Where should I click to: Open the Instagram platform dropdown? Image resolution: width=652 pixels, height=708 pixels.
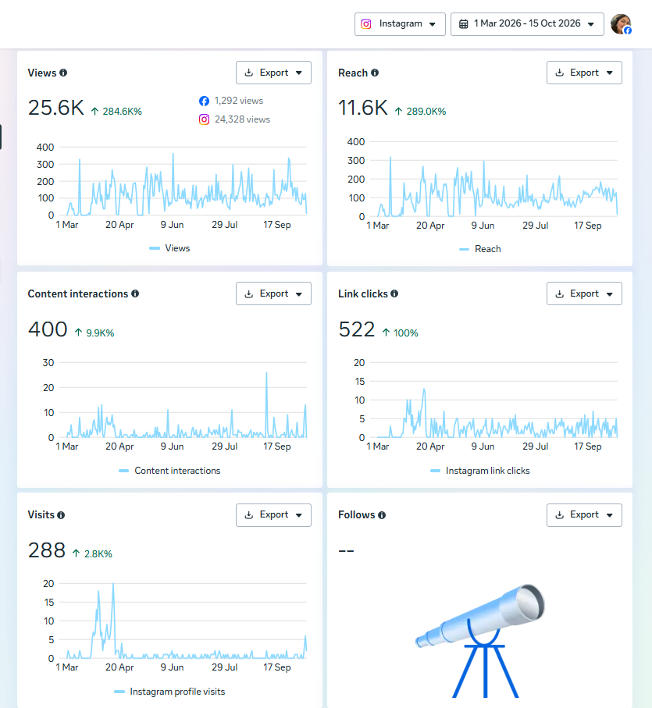pyautogui.click(x=400, y=24)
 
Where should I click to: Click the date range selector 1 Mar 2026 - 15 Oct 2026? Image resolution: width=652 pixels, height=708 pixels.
pyautogui.click(x=527, y=24)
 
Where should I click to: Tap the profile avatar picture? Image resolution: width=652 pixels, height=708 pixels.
pyautogui.click(x=621, y=24)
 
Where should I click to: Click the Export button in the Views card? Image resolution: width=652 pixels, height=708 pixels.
pyautogui.click(x=273, y=73)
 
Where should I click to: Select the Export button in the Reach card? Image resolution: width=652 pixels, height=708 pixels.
pyautogui.click(x=584, y=73)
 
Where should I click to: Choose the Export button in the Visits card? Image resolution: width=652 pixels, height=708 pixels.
pyautogui.click(x=273, y=514)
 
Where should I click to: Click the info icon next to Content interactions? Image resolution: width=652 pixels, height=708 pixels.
pyautogui.click(x=135, y=294)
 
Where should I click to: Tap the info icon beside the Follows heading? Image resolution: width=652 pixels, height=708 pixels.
pyautogui.click(x=382, y=514)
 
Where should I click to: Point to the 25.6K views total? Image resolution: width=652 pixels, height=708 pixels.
pyautogui.click(x=56, y=108)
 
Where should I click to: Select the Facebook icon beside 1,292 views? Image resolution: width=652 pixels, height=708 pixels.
pyautogui.click(x=204, y=101)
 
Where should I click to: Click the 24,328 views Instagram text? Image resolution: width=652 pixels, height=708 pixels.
pyautogui.click(x=243, y=119)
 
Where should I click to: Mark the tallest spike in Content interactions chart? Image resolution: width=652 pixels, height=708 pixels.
pyautogui.click(x=266, y=373)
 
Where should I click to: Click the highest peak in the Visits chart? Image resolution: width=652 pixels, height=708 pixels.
pyautogui.click(x=113, y=584)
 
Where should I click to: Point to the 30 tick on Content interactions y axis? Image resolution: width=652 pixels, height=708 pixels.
pyautogui.click(x=48, y=362)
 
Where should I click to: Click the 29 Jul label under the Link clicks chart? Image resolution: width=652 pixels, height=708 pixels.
pyautogui.click(x=535, y=447)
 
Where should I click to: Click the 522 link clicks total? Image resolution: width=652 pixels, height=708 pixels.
pyautogui.click(x=357, y=329)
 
